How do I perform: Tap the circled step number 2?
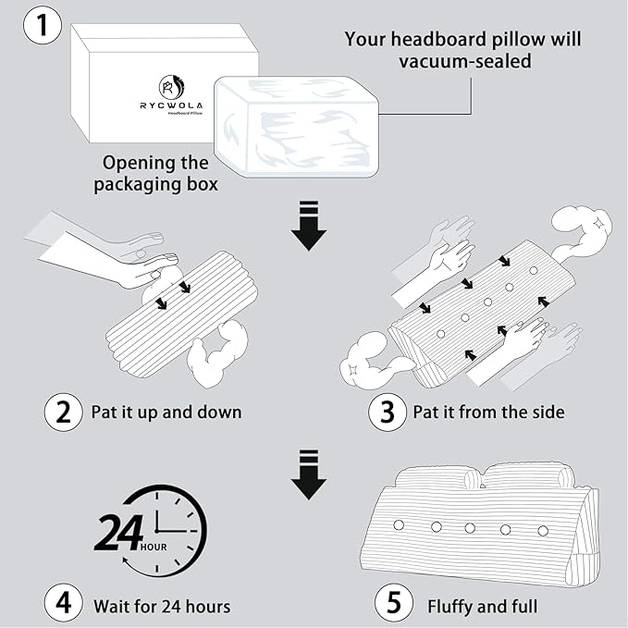(x=63, y=411)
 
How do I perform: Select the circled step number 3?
(x=388, y=412)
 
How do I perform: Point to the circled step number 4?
(x=63, y=605)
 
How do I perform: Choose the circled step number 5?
(x=394, y=605)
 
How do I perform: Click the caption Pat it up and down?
(x=166, y=412)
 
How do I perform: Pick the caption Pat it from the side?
(x=488, y=412)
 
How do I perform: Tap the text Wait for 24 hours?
(x=162, y=606)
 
